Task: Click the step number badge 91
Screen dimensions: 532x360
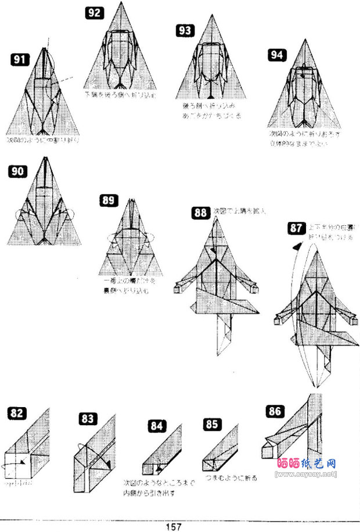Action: (x=19, y=59)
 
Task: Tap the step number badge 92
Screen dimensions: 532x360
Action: (x=94, y=13)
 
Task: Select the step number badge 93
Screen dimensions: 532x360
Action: (x=185, y=31)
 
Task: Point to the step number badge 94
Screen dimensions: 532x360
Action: (x=277, y=55)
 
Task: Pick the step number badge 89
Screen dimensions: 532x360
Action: (x=109, y=201)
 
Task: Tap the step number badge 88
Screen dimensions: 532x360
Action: (x=201, y=213)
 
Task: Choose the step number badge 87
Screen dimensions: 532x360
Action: (x=296, y=228)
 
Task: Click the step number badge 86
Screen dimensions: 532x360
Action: (x=275, y=412)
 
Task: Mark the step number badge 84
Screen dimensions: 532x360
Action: (x=156, y=426)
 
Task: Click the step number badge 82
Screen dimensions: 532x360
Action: (x=17, y=414)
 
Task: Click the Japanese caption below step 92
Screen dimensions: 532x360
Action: (x=120, y=94)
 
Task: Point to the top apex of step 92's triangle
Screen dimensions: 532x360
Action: (x=121, y=3)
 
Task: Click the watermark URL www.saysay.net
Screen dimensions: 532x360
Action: (x=305, y=475)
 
